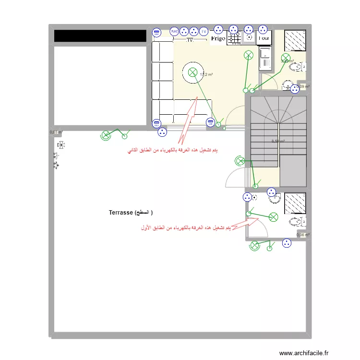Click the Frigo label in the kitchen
217,38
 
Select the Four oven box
264,38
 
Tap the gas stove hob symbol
234,38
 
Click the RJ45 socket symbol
174,32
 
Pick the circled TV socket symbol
204,32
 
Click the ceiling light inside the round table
192,72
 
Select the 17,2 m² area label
206,74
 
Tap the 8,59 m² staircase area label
278,141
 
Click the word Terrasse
120,212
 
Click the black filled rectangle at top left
100,36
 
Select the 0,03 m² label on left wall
56,132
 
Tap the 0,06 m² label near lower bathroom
303,235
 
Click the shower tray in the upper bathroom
295,40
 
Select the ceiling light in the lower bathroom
273,216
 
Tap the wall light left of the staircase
239,160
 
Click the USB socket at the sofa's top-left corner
156,33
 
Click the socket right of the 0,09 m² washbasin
295,88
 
